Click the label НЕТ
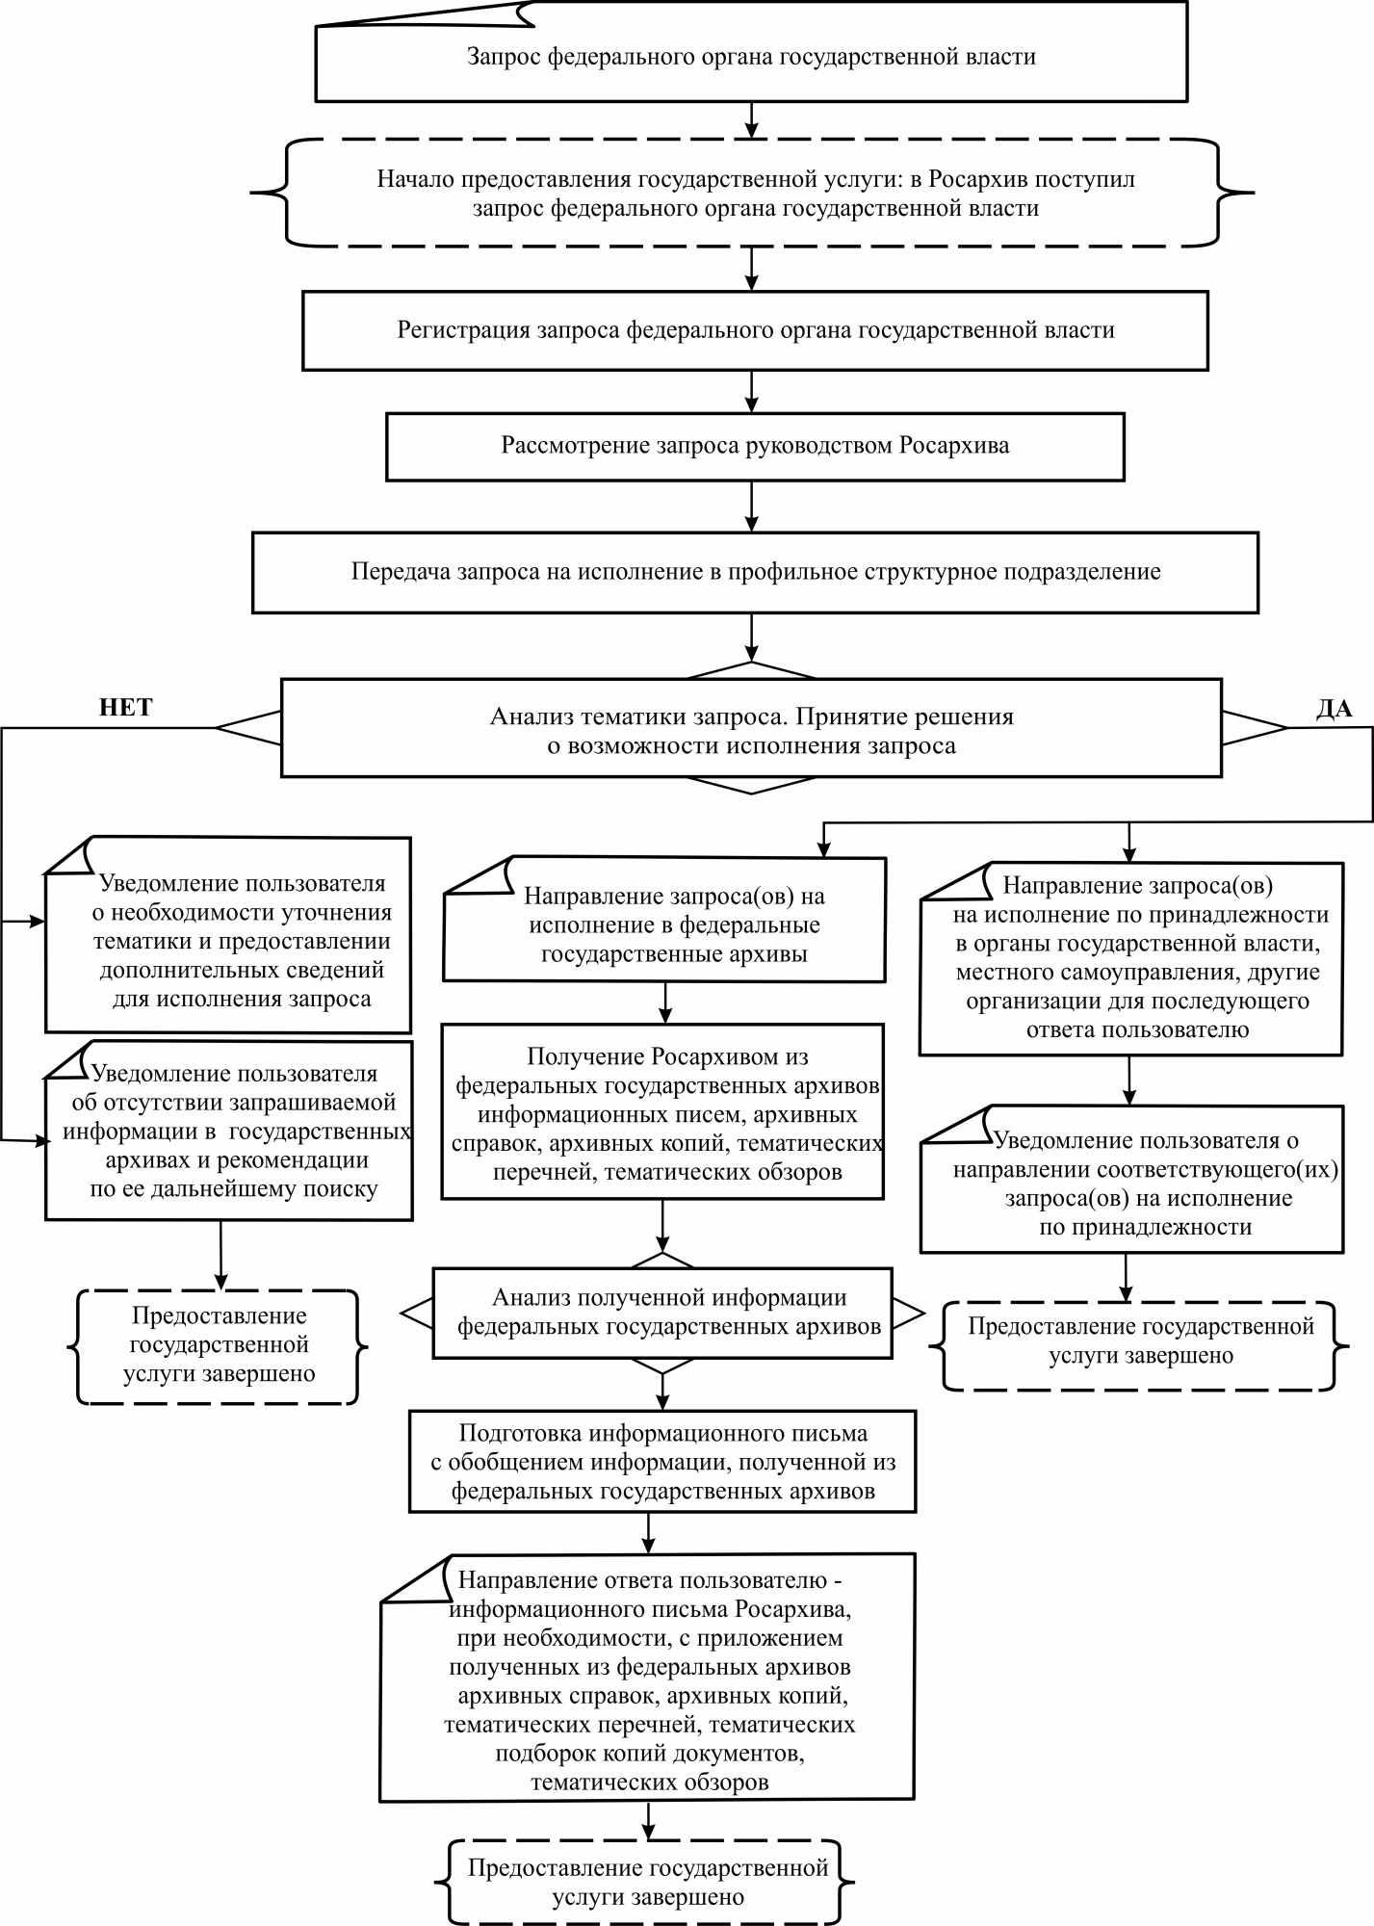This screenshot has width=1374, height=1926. coord(126,708)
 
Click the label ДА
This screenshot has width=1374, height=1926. coord(1335,709)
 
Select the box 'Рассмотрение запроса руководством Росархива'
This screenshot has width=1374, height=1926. coord(755,447)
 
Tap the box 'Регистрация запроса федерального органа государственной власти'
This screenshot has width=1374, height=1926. coord(755,331)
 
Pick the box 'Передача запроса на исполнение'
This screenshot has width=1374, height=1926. coord(755,572)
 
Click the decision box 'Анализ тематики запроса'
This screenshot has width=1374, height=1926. coord(751,729)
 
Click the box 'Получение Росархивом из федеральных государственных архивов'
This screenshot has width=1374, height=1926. coord(662,1111)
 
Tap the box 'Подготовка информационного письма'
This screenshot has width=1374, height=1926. coord(662,1462)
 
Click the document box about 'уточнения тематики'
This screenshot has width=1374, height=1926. coord(228,935)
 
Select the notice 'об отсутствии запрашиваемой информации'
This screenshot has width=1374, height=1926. coord(229,1131)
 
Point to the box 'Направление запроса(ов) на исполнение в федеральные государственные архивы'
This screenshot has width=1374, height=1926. coord(664,920)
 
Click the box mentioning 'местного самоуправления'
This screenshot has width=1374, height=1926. coord(1130,959)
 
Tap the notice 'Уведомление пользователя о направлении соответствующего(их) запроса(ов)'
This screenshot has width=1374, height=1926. coord(1131,1180)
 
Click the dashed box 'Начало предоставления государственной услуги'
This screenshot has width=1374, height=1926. coord(753,194)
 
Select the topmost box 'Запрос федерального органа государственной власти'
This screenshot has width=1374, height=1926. coord(751,52)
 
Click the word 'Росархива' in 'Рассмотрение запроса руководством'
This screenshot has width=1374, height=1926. coord(955,446)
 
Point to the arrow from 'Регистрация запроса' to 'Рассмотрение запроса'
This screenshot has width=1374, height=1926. coord(752,392)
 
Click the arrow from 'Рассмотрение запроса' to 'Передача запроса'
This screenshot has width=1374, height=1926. coord(752,507)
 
